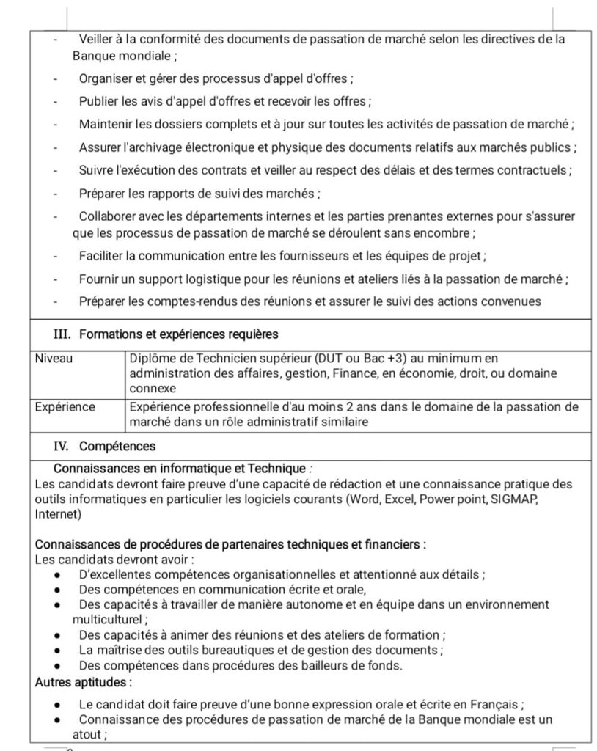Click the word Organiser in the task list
coord(106,78)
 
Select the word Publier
coord(99,101)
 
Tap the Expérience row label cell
coord(65,406)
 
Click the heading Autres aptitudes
coord(84,682)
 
